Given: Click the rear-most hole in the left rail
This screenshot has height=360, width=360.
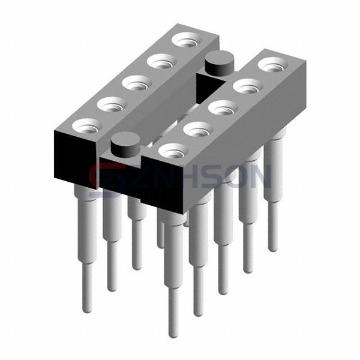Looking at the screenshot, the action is pyautogui.click(x=187, y=40).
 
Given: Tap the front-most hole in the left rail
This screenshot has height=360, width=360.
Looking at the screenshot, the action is pyautogui.click(x=87, y=126).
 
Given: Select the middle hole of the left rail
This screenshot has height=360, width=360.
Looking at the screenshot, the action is pyautogui.click(x=137, y=83).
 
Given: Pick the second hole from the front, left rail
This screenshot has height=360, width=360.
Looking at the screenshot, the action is pyautogui.click(x=112, y=104).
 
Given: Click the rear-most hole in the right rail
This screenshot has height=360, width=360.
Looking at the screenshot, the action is pyautogui.click(x=272, y=65).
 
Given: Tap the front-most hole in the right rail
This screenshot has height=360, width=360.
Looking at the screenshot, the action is pyautogui.click(x=173, y=151).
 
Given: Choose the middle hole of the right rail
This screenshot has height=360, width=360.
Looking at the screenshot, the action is pyautogui.click(x=223, y=107).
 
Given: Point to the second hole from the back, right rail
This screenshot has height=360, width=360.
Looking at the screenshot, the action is pyautogui.click(x=248, y=86).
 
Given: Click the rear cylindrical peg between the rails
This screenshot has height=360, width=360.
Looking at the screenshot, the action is pyautogui.click(x=219, y=63).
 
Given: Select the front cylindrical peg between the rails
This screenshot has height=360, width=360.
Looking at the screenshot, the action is pyautogui.click(x=125, y=145).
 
